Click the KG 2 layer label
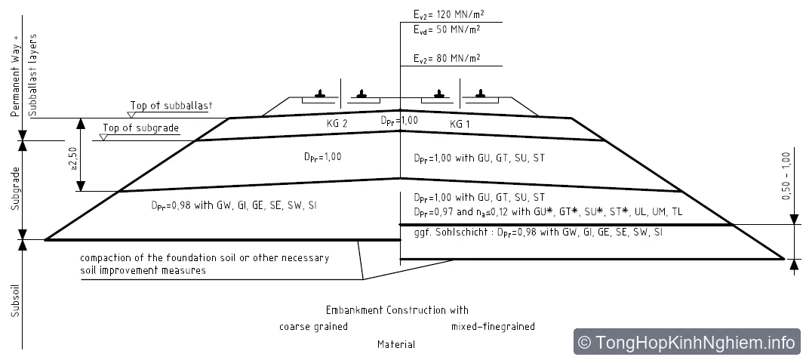(x=337, y=124)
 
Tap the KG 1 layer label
(x=460, y=124)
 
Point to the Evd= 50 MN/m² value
(x=447, y=29)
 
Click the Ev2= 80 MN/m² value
(x=447, y=59)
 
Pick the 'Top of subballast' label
(x=171, y=106)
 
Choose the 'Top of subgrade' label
(x=141, y=128)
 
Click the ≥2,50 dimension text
(x=73, y=160)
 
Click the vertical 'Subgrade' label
(x=16, y=188)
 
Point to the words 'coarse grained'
(x=313, y=327)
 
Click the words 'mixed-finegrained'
(x=493, y=327)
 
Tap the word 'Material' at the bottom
(x=396, y=344)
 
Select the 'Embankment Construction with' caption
(x=398, y=310)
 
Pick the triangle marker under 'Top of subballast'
(x=131, y=115)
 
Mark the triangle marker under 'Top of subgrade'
(x=104, y=137)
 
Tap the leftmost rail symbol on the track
(x=320, y=94)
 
